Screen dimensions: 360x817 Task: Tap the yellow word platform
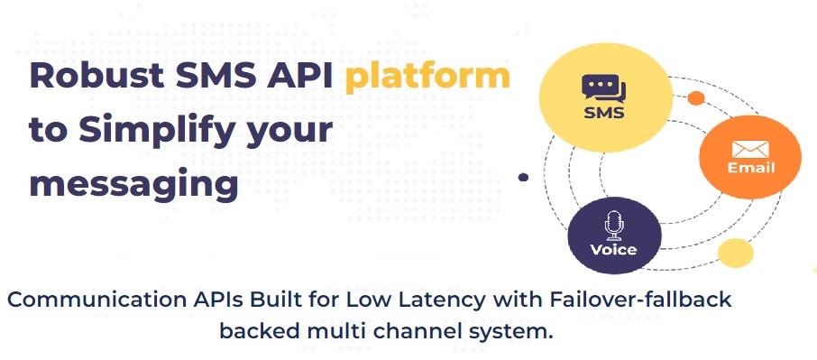tap(427, 76)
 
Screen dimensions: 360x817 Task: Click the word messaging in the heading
tap(133, 183)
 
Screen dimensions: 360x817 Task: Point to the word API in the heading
tap(299, 76)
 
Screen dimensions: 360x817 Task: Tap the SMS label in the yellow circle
tap(604, 114)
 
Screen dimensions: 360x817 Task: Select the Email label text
tap(750, 169)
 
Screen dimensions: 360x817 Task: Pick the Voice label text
tap(613, 249)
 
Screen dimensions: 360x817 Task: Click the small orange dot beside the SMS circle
tap(696, 97)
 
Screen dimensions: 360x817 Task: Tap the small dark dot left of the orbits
tap(523, 178)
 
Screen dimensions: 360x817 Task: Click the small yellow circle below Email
tap(735, 254)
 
